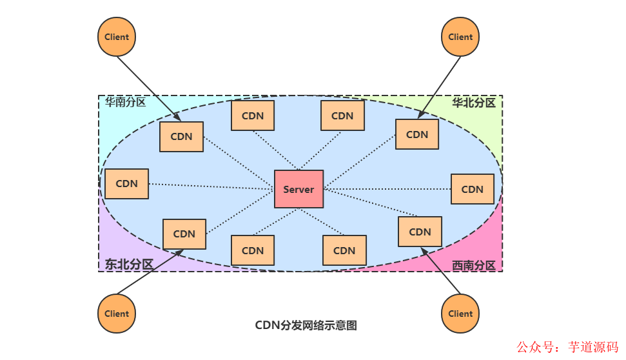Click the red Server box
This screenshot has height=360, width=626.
[x=298, y=189]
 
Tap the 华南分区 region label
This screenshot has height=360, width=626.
[x=126, y=102]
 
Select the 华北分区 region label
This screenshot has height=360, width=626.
[x=473, y=103]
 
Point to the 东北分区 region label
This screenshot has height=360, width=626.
[x=129, y=264]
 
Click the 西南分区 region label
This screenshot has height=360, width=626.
[x=473, y=265]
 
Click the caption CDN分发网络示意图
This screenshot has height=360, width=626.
[x=306, y=325]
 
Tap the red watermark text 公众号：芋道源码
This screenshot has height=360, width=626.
[x=568, y=346]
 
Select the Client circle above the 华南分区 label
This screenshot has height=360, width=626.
[x=117, y=37]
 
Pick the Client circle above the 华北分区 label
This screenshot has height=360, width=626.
[x=460, y=37]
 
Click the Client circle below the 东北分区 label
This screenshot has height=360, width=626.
[x=117, y=314]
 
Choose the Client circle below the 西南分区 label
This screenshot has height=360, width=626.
[x=460, y=314]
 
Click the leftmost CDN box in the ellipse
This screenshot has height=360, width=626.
[x=126, y=184]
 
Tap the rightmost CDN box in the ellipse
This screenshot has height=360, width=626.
[x=473, y=189]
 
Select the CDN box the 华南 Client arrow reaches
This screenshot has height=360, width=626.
[x=181, y=137]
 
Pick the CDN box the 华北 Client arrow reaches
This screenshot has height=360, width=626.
[x=417, y=134]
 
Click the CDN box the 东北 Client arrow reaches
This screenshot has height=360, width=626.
[x=184, y=234]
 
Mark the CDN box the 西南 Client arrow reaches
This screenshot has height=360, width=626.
[x=420, y=232]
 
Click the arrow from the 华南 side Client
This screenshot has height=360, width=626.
[x=148, y=88]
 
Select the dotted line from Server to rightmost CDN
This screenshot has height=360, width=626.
[x=387, y=189]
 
